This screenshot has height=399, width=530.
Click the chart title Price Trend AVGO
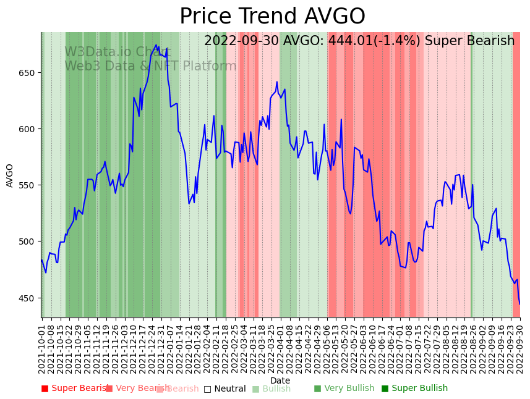(x=272, y=17)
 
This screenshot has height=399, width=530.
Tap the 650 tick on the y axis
(x=28, y=73)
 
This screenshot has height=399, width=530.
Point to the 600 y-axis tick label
(x=28, y=129)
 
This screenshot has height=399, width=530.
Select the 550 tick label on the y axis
(x=28, y=185)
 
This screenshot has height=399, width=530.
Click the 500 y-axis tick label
(x=28, y=241)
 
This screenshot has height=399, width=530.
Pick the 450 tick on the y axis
(x=28, y=298)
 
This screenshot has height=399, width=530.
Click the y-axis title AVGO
(x=10, y=175)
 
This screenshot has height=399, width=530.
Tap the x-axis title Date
(x=280, y=381)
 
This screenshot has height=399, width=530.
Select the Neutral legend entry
(x=225, y=389)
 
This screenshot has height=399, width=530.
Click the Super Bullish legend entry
(x=415, y=388)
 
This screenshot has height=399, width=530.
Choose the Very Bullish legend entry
(x=344, y=388)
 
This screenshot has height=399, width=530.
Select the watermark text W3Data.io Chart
(x=118, y=52)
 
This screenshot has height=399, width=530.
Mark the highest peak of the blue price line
(x=156, y=44)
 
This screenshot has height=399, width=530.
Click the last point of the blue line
(x=519, y=304)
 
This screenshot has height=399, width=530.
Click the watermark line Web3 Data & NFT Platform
(x=150, y=66)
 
